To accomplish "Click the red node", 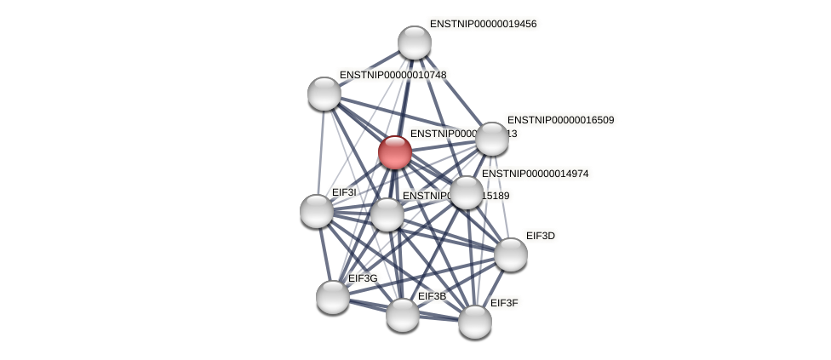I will (395, 152).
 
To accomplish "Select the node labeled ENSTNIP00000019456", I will (415, 43).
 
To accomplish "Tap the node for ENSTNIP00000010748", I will (324, 94).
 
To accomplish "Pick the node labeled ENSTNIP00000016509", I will (492, 139).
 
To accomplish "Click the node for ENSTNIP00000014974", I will (466, 192).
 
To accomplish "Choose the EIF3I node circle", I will (317, 211).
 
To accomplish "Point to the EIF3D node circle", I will (511, 254).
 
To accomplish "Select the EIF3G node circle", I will (333, 297).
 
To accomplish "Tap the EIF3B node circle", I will (403, 315).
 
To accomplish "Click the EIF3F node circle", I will (475, 322).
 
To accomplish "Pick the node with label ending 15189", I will (387, 214).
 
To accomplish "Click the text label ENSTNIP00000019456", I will (483, 24).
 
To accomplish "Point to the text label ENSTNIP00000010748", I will (393, 75).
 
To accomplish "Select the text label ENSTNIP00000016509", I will (560, 120).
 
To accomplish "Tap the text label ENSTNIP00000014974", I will (535, 174).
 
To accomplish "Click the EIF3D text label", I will (540, 236).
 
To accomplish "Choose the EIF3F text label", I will (504, 303).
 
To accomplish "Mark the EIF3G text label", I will (363, 278).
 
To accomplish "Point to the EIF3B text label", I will (432, 296).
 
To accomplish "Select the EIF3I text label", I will (344, 192).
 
